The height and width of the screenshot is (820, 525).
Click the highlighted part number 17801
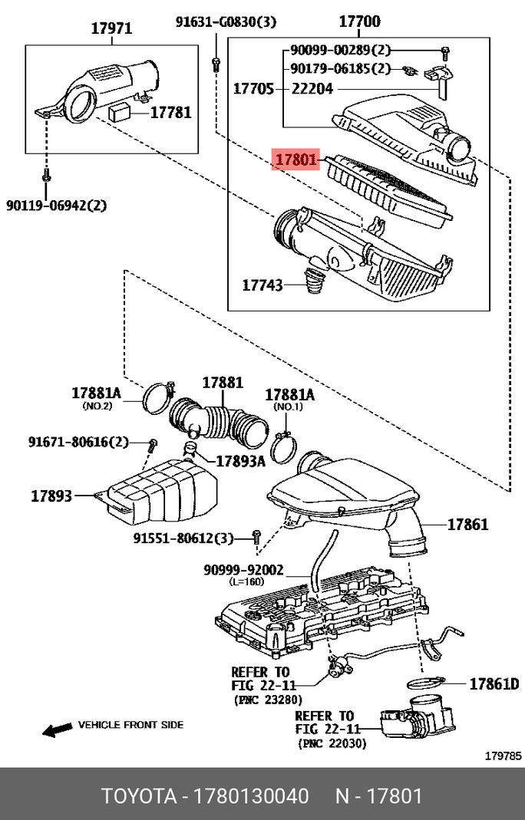pyautogui.click(x=296, y=160)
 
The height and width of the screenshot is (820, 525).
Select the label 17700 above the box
pyautogui.click(x=360, y=23)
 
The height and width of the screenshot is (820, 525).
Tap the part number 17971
pyautogui.click(x=112, y=29)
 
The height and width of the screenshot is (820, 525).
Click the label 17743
pyautogui.click(x=262, y=285)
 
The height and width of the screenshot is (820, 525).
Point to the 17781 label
pyautogui.click(x=170, y=113)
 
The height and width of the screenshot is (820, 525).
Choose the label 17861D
pyautogui.click(x=494, y=683)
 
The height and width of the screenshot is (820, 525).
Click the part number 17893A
pyautogui.click(x=239, y=461)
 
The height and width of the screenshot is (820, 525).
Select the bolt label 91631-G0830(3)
pyautogui.click(x=225, y=22)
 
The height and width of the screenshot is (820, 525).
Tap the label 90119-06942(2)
pyautogui.click(x=57, y=205)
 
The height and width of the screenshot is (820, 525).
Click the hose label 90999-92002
pyautogui.click(x=243, y=570)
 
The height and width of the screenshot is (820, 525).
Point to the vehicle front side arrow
pyautogui.click(x=56, y=729)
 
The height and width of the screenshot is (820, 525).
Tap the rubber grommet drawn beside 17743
pyautogui.click(x=315, y=282)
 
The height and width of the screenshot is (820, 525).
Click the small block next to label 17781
pyautogui.click(x=121, y=112)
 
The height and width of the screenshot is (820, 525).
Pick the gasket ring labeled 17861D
pyautogui.click(x=427, y=683)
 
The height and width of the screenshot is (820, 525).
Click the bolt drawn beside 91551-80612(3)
pyautogui.click(x=256, y=536)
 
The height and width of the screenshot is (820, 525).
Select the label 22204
pyautogui.click(x=312, y=89)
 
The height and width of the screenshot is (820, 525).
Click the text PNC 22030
pyautogui.click(x=332, y=743)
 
